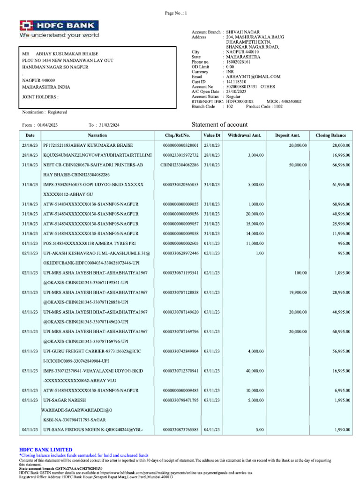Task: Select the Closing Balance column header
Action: [x=331, y=135]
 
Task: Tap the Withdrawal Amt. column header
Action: [x=244, y=135]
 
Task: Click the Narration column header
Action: [x=97, y=135]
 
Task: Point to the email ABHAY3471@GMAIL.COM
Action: [x=253, y=76]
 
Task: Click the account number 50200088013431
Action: [x=242, y=87]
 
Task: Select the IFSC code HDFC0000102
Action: [x=240, y=101]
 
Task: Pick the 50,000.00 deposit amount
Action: [x=298, y=165]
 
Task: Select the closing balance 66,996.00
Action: [x=341, y=165]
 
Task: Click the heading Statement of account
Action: [x=220, y=125]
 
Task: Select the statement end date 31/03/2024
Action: [x=109, y=125]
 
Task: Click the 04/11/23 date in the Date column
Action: [x=30, y=429]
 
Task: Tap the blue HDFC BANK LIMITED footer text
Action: [x=45, y=450]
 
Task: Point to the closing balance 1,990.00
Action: [x=342, y=429]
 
